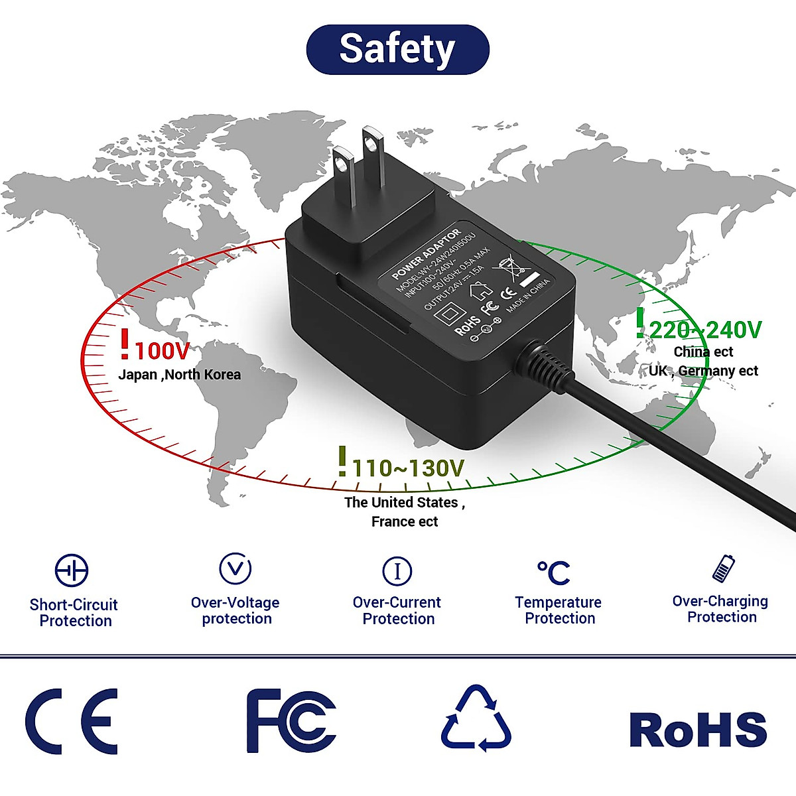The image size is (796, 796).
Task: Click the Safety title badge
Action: click(397, 50)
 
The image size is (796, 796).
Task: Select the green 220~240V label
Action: click(704, 330)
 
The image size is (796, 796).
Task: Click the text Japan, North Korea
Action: click(179, 375)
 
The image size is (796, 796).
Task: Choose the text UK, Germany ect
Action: click(703, 371)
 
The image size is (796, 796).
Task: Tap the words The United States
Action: click(401, 503)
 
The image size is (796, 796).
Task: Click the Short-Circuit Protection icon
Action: click(72, 570)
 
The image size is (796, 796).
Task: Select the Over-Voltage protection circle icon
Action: click(235, 568)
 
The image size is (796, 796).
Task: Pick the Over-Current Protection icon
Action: click(397, 570)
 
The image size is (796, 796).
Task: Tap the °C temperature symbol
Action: click(554, 572)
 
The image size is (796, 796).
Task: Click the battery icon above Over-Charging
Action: click(723, 568)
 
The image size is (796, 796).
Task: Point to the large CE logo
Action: click(72, 721)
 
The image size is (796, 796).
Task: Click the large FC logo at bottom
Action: click(291, 721)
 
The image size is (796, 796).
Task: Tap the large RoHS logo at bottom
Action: click(698, 729)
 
